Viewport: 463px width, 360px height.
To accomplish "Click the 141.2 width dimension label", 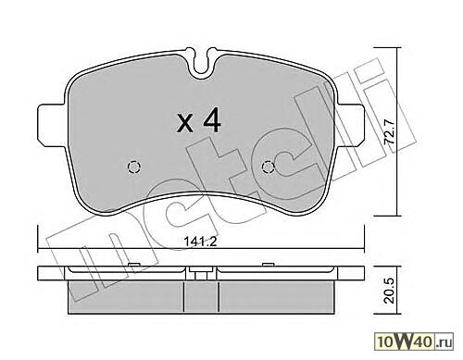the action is coord(201,242).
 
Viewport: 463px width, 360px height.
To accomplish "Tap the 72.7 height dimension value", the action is coord(389,131).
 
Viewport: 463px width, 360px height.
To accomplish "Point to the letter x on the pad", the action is coord(186,124).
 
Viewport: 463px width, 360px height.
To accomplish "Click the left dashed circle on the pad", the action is coord(134,168).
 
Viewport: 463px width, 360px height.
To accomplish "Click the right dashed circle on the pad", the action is coord(269,168).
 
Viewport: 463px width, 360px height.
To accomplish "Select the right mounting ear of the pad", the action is coord(351,125).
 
